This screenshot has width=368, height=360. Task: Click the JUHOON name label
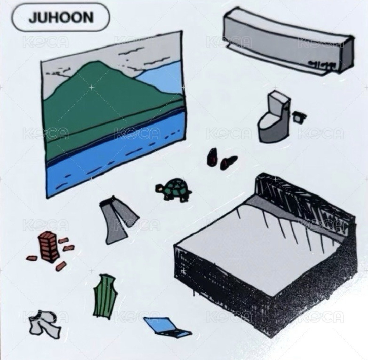tap(60, 18)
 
